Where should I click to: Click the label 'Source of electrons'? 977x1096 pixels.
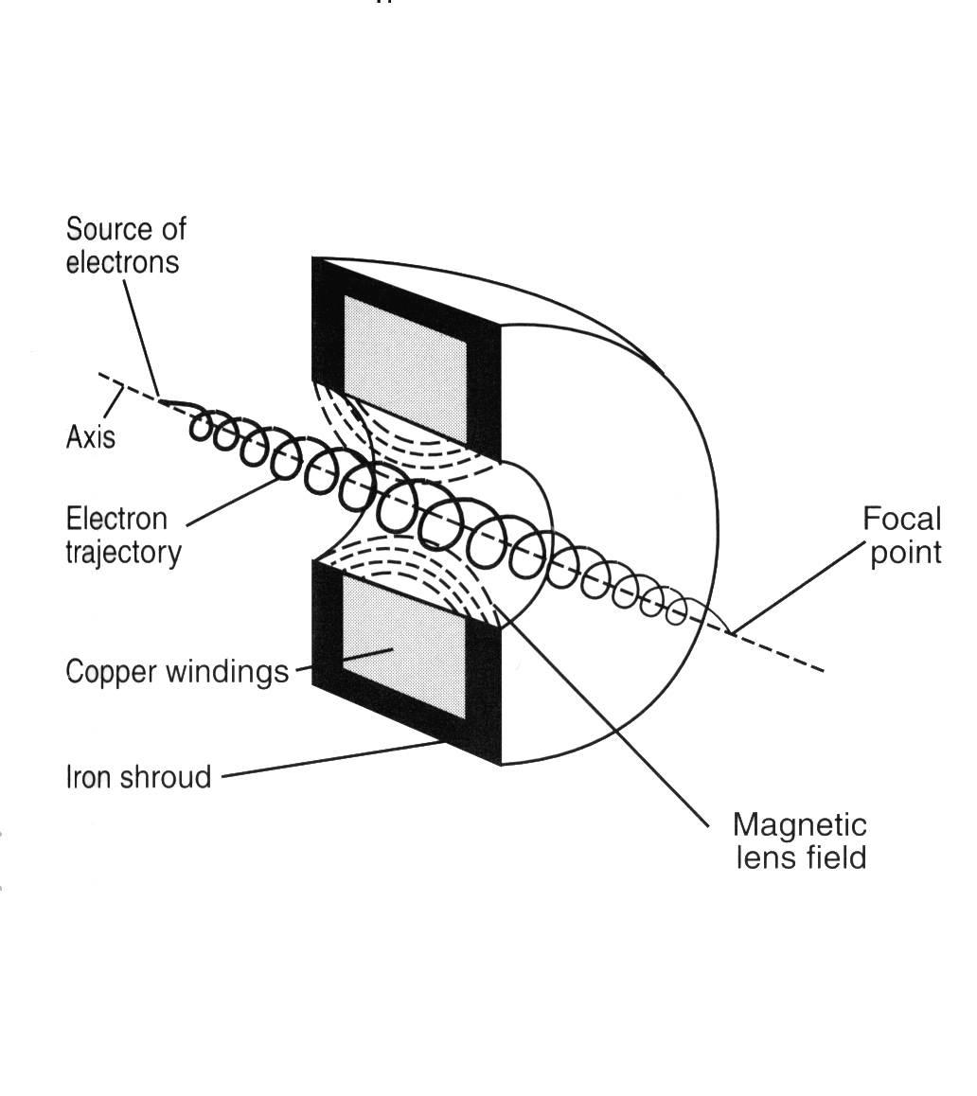tap(126, 245)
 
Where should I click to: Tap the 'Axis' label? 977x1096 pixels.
tap(90, 437)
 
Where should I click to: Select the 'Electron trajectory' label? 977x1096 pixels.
tap(123, 536)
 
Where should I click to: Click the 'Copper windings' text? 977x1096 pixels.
tap(177, 672)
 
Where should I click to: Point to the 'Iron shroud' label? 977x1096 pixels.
tap(138, 776)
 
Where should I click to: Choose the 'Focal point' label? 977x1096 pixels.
tap(902, 536)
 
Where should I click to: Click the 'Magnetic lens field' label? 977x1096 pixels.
tap(800, 840)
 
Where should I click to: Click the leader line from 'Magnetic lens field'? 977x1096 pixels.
tap(602, 713)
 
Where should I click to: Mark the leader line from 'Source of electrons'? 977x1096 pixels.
tap(142, 338)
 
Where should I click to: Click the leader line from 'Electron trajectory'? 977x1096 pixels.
tap(233, 502)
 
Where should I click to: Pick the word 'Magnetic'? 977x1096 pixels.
tap(800, 825)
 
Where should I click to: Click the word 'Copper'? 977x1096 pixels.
tap(111, 672)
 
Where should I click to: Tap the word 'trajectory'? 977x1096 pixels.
tap(123, 553)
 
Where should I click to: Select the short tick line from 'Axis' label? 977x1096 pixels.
tap(114, 402)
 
